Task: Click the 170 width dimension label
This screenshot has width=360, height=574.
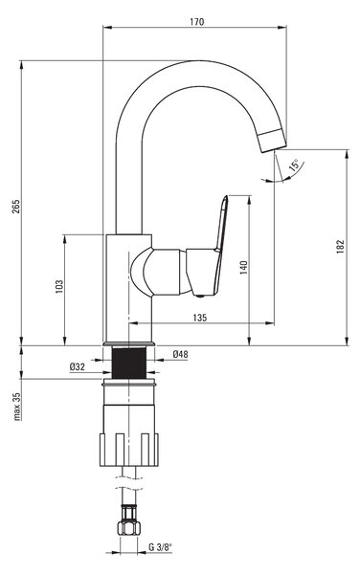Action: [x=196, y=22]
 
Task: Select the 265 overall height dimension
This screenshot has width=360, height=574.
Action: [x=15, y=207]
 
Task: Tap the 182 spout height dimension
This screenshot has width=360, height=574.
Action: [x=340, y=247]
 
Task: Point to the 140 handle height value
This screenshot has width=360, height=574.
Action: [x=243, y=268]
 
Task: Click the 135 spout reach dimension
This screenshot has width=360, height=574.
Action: [x=199, y=318]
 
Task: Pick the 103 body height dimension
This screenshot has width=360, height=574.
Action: [x=59, y=287]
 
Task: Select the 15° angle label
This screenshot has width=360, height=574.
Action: [x=294, y=166]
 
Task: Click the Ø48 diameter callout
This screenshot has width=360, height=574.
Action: [x=180, y=354]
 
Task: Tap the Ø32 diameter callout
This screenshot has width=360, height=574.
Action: [x=78, y=366]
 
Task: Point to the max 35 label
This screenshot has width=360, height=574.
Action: [x=17, y=407]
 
